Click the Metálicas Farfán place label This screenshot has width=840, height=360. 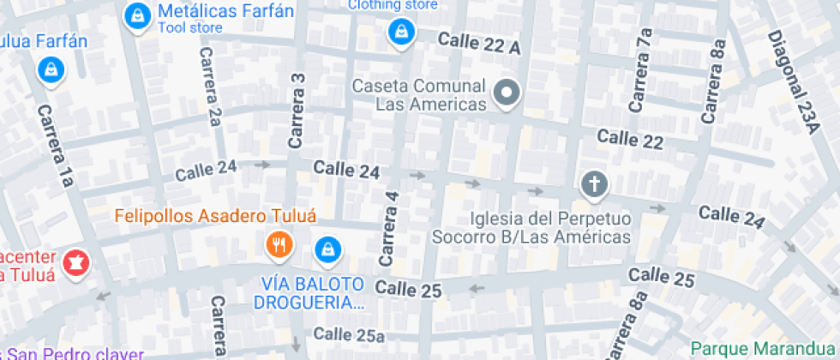[x=225, y=11]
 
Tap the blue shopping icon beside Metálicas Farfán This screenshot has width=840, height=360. [x=135, y=15]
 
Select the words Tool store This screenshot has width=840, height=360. [x=190, y=28]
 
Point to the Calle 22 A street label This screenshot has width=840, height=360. [x=479, y=44]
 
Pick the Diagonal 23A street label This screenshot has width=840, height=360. [x=794, y=81]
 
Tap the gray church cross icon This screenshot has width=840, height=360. [x=593, y=183]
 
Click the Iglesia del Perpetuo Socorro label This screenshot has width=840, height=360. [x=531, y=227]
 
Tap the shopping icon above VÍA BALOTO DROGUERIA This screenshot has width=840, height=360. [x=327, y=250]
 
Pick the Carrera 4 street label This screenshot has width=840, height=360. [x=388, y=227]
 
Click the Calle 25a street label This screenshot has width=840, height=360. [x=349, y=333]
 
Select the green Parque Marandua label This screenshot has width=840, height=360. [x=764, y=348]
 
